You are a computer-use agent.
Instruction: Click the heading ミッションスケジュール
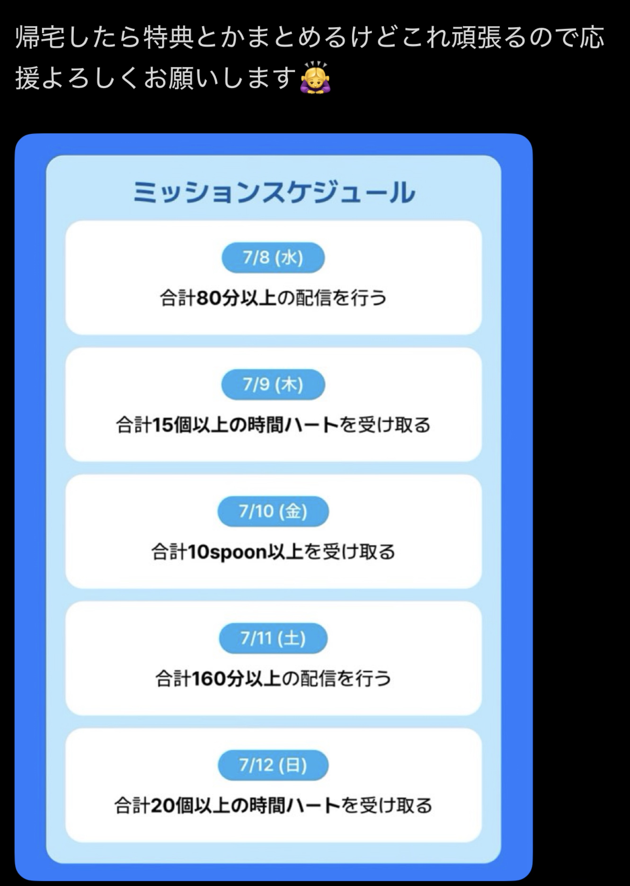pyautogui.click(x=274, y=192)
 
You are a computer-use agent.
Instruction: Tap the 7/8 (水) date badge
pyautogui.click(x=273, y=257)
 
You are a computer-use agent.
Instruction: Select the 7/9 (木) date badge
pyautogui.click(x=273, y=384)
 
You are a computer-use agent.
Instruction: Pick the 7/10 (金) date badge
pyautogui.click(x=273, y=511)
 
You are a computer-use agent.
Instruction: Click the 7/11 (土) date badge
pyautogui.click(x=273, y=638)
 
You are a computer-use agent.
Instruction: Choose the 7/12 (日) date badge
pyautogui.click(x=273, y=765)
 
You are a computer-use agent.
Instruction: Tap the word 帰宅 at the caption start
pyautogui.click(x=40, y=38)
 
